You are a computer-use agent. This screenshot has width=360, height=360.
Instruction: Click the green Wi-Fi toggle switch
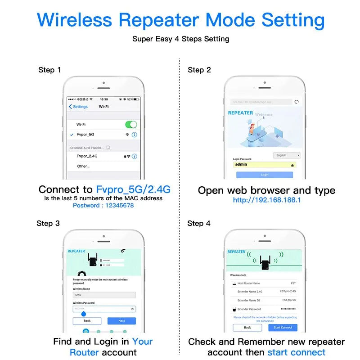coord(130,124)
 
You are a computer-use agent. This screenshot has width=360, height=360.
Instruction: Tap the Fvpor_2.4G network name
coord(87,156)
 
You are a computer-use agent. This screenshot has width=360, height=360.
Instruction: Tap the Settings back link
coord(78,107)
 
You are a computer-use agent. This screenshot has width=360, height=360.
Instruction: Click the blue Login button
coord(264,175)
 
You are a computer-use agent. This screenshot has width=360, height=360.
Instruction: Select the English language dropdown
coord(287,155)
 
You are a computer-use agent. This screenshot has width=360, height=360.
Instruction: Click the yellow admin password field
coord(264,165)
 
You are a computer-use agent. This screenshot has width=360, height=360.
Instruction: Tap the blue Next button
coord(121,321)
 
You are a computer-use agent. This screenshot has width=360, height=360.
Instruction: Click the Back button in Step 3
coord(87,321)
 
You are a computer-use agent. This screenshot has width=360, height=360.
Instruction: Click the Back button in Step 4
coord(247,327)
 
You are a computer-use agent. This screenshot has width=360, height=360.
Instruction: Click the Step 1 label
coord(49,70)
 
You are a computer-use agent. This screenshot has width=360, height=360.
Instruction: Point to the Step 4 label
coord(199,223)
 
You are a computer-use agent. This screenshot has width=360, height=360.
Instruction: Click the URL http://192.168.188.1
coord(267,200)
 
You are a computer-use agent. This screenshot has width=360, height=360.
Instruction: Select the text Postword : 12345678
coord(103,205)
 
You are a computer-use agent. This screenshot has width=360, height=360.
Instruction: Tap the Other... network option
coord(83,166)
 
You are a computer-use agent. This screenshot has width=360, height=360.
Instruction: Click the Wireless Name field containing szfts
coord(104,295)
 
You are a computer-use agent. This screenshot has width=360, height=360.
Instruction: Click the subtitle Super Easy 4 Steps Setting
coord(180,39)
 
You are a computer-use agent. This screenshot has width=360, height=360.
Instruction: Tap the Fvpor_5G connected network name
coord(85,135)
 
